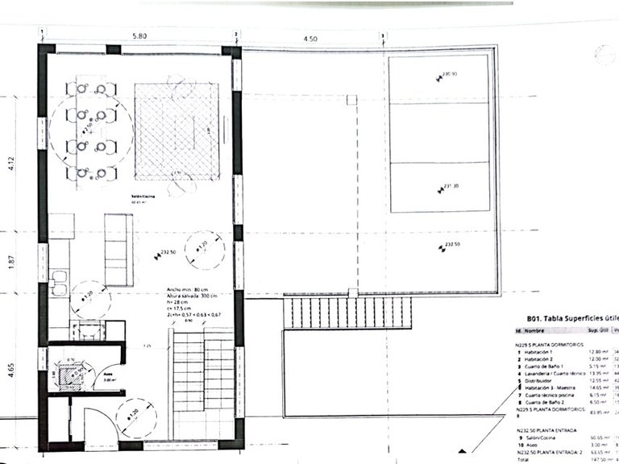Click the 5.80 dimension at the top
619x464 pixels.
point(139,37)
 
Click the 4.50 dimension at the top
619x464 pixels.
point(309,37)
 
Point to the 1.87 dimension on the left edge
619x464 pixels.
point(10,262)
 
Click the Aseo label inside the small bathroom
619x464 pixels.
point(106,374)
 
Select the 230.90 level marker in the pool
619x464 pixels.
point(447,75)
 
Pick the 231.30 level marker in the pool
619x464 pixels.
point(449,187)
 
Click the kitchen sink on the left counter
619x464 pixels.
point(58,282)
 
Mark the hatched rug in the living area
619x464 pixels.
point(177,130)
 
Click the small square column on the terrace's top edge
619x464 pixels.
point(351,100)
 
